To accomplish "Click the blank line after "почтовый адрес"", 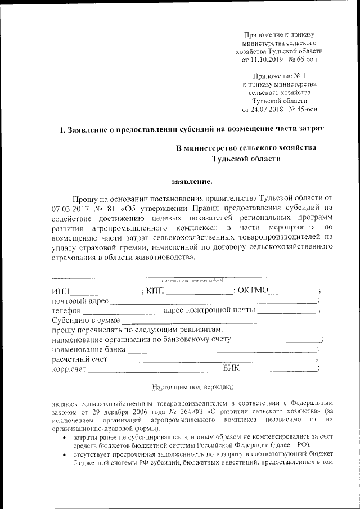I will click(x=214, y=302).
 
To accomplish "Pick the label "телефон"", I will click(x=67, y=310).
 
